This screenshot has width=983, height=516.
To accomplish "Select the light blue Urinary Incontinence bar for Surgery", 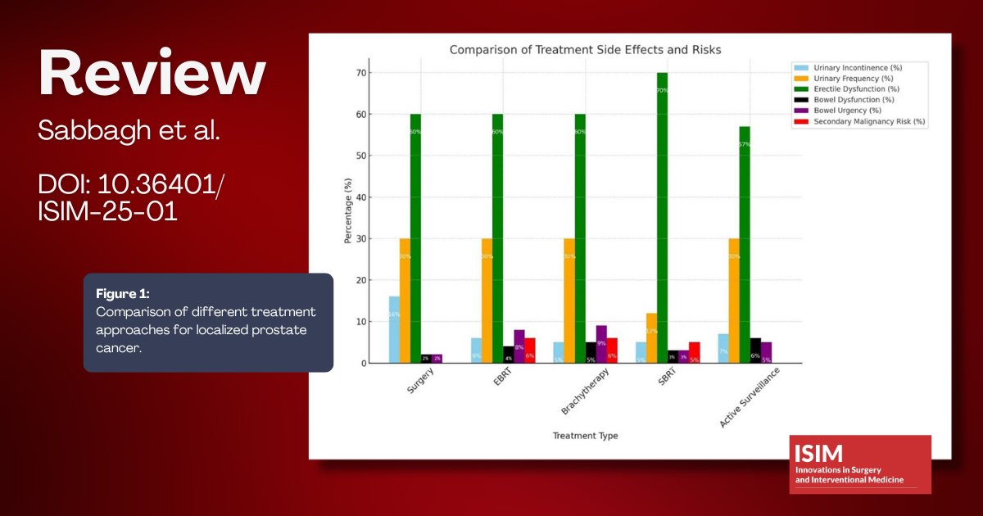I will coord(394,329).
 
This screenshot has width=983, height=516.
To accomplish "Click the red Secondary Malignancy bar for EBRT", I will coord(529,351).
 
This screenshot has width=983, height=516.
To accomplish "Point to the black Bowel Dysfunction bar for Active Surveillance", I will coord(755,351).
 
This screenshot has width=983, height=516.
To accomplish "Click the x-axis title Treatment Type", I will coord(585,436).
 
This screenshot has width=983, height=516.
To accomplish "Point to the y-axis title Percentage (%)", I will coord(347,210).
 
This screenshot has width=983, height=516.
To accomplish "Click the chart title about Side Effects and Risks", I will coord(585,50).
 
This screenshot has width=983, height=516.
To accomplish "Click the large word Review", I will coord(152,74).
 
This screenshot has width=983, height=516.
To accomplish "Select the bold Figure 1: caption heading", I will coord(123,293).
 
